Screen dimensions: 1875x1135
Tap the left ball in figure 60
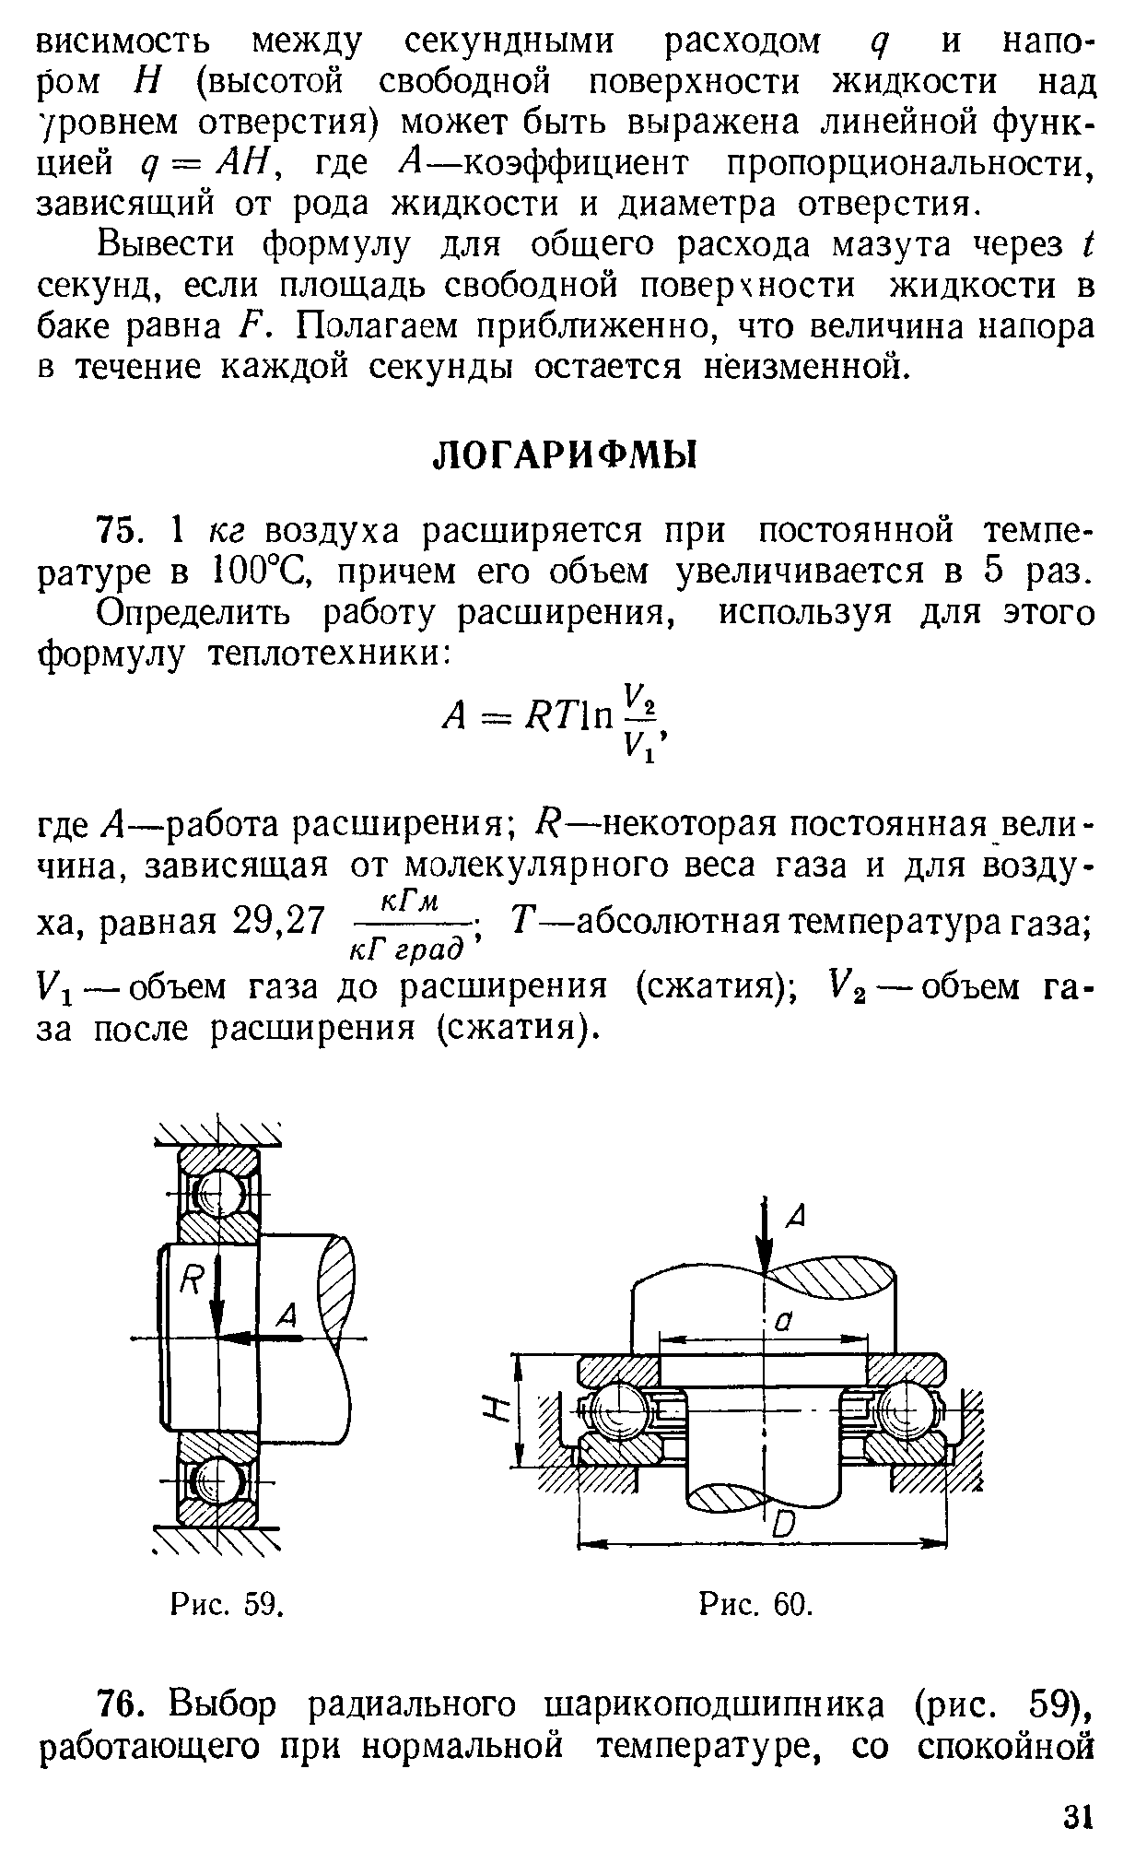pos(612,1410)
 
